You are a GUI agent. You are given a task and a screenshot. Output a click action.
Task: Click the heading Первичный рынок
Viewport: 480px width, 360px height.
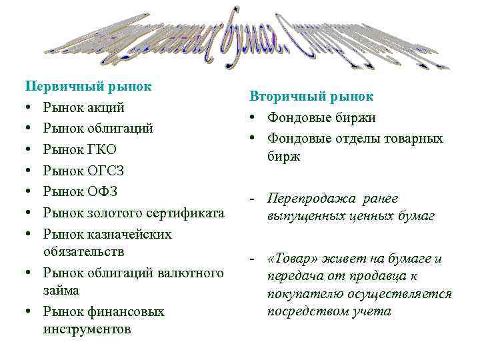click(88, 87)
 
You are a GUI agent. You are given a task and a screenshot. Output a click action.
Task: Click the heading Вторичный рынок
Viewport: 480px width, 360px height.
click(311, 96)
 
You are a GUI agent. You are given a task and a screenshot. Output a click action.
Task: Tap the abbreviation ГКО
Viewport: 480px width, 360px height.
click(103, 149)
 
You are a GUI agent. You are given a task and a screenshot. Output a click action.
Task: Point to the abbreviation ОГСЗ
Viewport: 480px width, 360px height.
click(107, 171)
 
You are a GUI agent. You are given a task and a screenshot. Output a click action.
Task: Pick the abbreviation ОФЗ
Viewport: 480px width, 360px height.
click(103, 192)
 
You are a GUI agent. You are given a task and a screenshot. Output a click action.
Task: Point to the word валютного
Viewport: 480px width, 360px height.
click(192, 273)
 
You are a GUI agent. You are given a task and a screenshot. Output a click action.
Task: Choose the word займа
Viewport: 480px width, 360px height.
click(61, 291)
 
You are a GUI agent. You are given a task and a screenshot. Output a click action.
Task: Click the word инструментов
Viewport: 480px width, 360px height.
click(87, 329)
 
